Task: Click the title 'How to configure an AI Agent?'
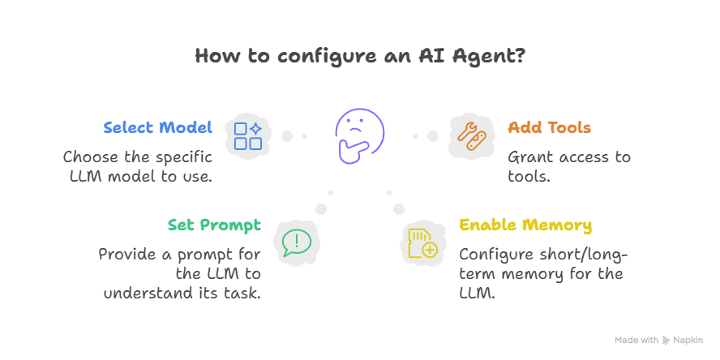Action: pyautogui.click(x=360, y=56)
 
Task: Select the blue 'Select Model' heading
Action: pyautogui.click(x=157, y=128)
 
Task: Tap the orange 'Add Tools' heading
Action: pyautogui.click(x=549, y=128)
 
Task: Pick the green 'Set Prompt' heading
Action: pyautogui.click(x=214, y=225)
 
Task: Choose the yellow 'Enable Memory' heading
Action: pyautogui.click(x=525, y=225)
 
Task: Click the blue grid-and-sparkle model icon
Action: pyautogui.click(x=248, y=135)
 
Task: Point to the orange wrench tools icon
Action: pyautogui.click(x=471, y=135)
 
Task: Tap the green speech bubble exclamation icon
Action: pyautogui.click(x=296, y=241)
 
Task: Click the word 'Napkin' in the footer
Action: pyautogui.click(x=692, y=341)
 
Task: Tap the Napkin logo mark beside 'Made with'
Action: pyautogui.click(x=666, y=341)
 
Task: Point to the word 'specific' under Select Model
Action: pyautogui.click(x=172, y=156)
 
